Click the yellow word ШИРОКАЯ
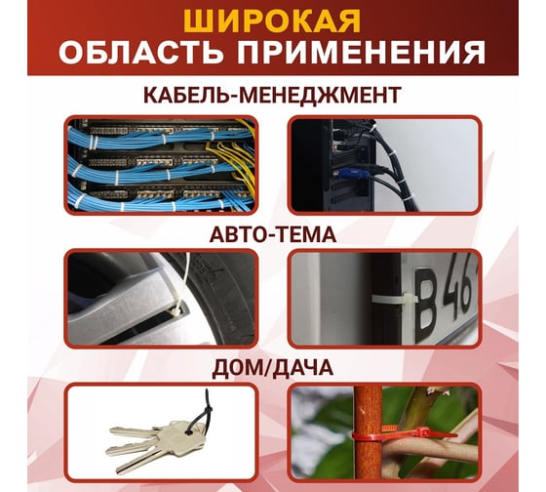[x=272, y=21]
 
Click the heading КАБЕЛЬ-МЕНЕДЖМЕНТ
[x=272, y=95]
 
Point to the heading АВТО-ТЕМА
[x=273, y=234]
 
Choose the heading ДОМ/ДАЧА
[x=273, y=368]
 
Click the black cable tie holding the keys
[x=203, y=413]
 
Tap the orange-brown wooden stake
[x=368, y=432]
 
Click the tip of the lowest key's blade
[x=118, y=471]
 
